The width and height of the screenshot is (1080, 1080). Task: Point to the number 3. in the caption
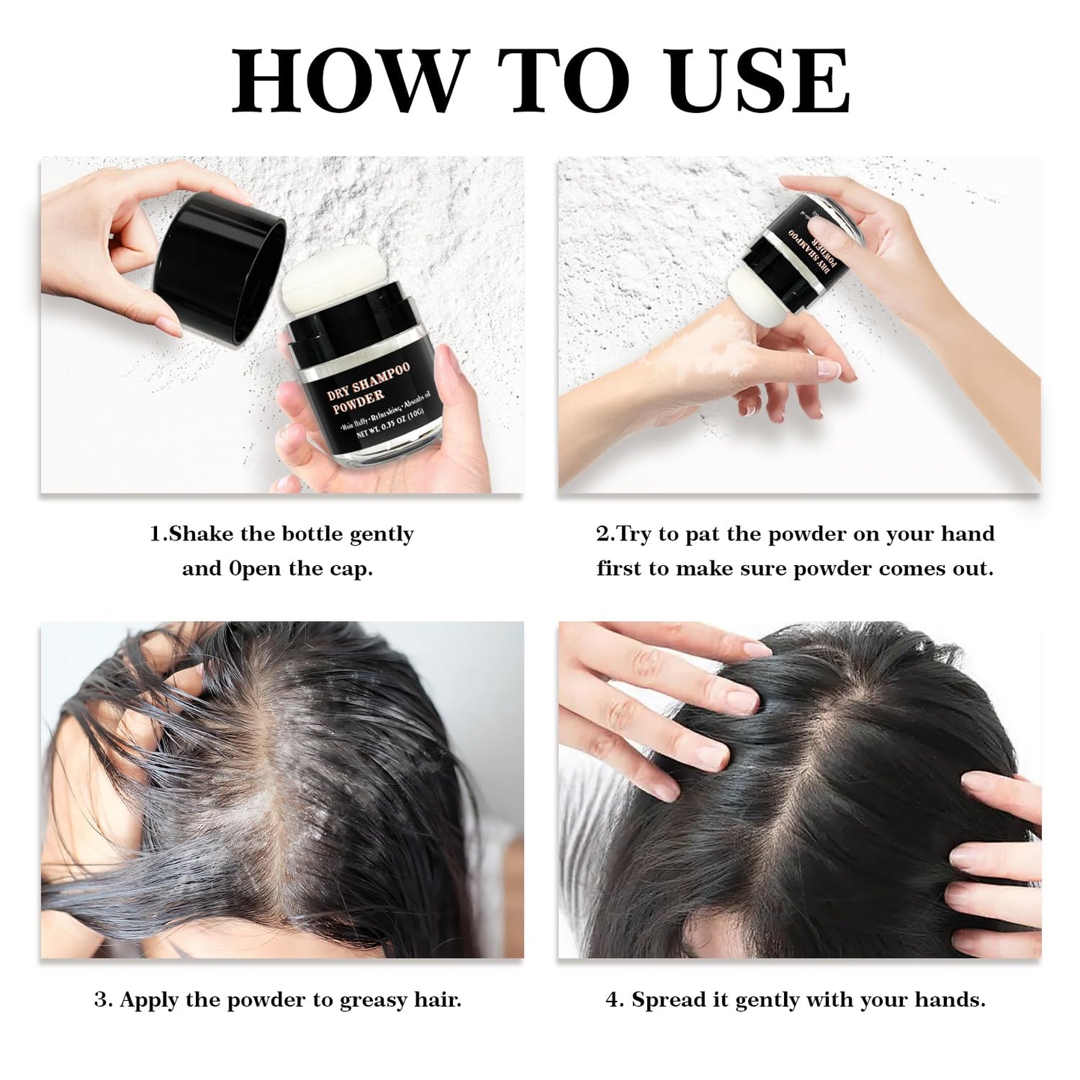103,1000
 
